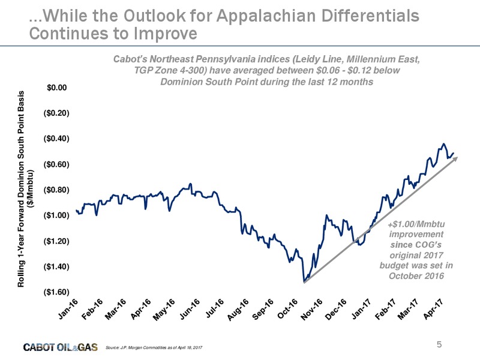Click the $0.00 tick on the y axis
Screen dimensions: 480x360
(56, 88)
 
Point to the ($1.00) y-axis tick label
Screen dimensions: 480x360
(56, 215)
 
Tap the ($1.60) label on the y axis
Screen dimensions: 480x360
(56, 292)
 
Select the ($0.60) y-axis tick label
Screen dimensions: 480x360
(56, 164)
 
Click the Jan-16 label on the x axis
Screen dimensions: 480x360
(68, 308)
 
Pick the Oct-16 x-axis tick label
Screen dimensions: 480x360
(287, 308)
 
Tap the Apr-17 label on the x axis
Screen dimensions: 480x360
(434, 308)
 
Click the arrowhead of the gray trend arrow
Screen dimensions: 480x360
(455, 158)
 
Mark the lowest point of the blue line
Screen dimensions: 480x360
(304, 281)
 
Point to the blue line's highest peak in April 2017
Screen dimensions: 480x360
(443, 143)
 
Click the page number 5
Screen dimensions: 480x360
(439, 344)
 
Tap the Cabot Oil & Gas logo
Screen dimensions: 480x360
(61, 347)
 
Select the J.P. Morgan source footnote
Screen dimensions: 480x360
(154, 347)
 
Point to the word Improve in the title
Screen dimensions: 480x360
(166, 34)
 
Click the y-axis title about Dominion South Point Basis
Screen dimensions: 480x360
(25, 189)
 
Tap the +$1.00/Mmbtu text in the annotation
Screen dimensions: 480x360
(416, 224)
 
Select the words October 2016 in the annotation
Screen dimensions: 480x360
(416, 276)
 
